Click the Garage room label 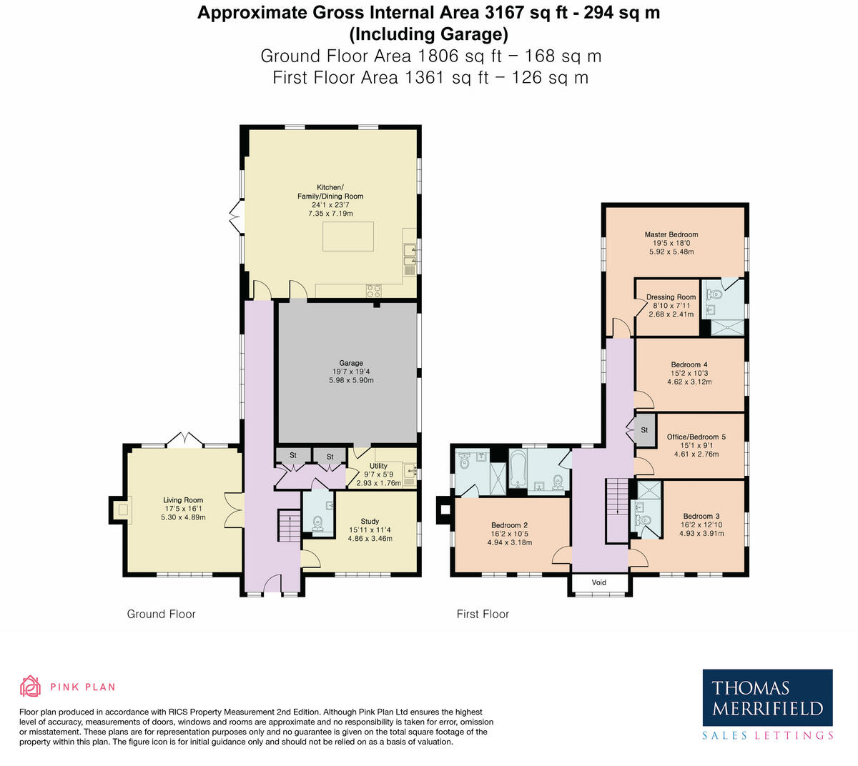click(351, 363)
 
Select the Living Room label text click(183, 500)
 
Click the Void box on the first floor click(599, 583)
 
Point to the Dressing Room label click(671, 297)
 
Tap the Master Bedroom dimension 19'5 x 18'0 click(671, 243)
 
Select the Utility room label click(378, 466)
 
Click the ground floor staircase click(289, 529)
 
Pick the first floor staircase click(616, 509)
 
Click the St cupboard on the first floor click(643, 430)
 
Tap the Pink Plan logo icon click(30, 687)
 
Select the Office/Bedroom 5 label click(696, 437)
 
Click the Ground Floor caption click(161, 614)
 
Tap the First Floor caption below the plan click(483, 614)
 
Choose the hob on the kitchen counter click(374, 290)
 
